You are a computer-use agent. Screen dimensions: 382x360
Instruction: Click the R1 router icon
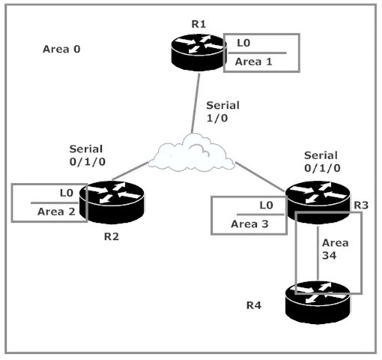click(199, 52)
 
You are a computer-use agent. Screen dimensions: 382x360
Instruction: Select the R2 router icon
click(112, 202)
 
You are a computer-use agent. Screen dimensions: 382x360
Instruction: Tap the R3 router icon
click(318, 202)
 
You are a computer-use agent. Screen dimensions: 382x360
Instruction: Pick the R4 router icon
click(318, 302)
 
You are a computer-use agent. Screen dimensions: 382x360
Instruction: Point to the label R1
click(198, 24)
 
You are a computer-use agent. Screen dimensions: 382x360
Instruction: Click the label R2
click(112, 236)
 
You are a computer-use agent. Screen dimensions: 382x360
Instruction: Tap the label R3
click(361, 205)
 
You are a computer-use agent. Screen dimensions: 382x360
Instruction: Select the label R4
click(254, 305)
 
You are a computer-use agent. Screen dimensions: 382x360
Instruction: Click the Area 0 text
click(61, 49)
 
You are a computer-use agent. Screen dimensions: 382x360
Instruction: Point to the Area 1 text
click(253, 61)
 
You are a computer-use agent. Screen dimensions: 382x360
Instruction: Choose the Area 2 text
click(56, 211)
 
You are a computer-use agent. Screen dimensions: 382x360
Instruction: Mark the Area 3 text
click(249, 223)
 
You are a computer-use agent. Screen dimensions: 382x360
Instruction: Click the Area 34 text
click(335, 249)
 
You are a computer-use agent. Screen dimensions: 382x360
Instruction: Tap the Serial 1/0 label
click(222, 112)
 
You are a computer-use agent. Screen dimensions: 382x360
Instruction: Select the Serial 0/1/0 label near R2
click(88, 155)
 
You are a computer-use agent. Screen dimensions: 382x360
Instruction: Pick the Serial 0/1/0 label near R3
click(322, 162)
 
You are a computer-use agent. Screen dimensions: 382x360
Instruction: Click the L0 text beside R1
click(243, 43)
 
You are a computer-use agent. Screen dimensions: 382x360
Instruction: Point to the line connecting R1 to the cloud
click(195, 103)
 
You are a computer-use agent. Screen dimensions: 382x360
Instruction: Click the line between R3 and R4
click(318, 253)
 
